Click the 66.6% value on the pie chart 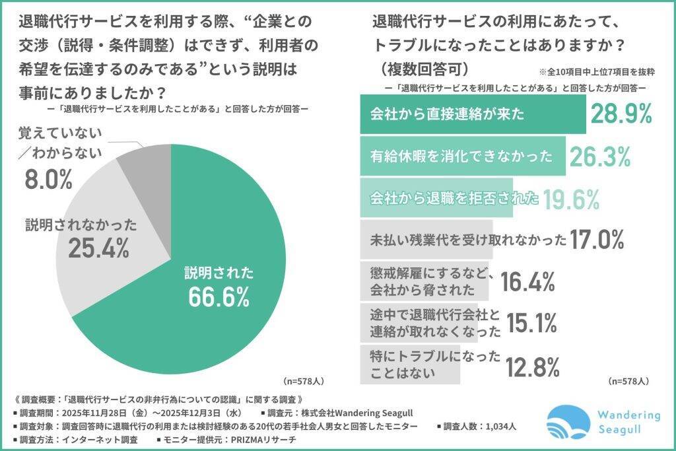click(219, 296)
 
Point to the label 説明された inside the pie click(219, 271)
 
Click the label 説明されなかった click(81, 224)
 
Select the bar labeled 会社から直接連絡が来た click(473, 114)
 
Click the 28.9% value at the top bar click(621, 114)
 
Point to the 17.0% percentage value click(597, 239)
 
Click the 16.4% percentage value click(527, 281)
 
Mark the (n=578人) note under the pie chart click(302, 381)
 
